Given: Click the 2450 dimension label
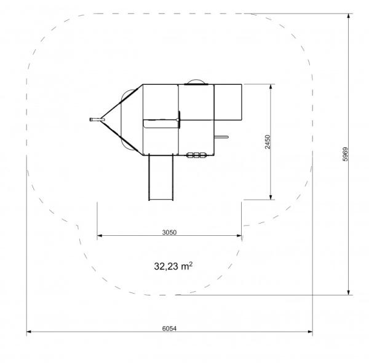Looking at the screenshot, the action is click(x=268, y=142).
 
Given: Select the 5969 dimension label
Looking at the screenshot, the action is click(x=345, y=154).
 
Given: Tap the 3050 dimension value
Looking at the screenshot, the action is click(x=169, y=232).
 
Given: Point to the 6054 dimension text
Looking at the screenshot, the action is click(x=169, y=329).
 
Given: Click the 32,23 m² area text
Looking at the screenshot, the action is click(x=173, y=266).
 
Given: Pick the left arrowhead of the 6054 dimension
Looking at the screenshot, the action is click(x=29, y=332).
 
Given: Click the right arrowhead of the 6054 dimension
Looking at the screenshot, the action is click(x=310, y=332).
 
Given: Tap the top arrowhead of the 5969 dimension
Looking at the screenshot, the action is click(x=349, y=16).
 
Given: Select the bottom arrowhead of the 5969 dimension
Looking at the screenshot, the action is click(x=349, y=292).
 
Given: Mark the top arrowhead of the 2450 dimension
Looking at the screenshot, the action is click(x=271, y=87).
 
